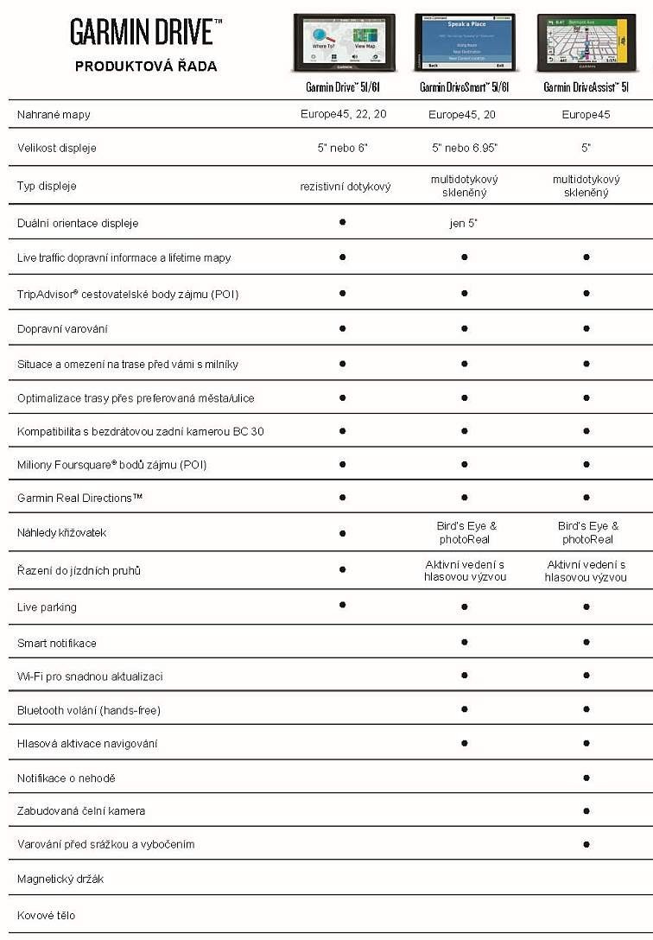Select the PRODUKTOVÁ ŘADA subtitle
tap(146, 66)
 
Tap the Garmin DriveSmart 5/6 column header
tap(464, 87)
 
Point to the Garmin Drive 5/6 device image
tap(343, 42)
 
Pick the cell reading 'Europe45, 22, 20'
tap(343, 114)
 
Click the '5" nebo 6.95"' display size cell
tap(464, 148)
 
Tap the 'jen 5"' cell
tap(464, 223)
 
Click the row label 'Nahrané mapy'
tap(54, 114)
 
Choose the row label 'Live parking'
tap(47, 607)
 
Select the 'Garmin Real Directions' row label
tap(79, 498)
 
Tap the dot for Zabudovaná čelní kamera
tap(586, 810)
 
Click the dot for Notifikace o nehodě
tap(586, 778)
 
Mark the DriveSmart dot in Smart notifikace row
tap(465, 642)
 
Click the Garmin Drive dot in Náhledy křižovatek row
tap(343, 531)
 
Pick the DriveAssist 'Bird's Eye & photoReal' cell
tap(587, 532)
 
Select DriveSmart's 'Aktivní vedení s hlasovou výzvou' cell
tap(465, 570)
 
